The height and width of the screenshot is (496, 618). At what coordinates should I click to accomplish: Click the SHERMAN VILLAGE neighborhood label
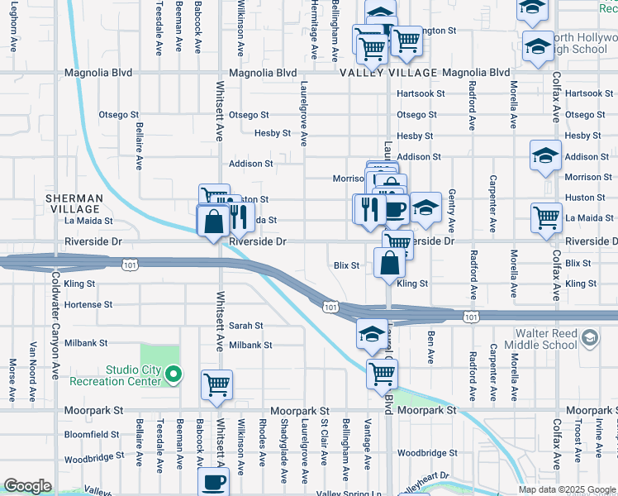74,204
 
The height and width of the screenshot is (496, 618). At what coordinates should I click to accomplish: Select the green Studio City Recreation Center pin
173,376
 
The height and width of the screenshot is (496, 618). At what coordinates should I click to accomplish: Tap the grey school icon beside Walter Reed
589,337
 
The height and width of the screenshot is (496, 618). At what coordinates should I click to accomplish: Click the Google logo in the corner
27,486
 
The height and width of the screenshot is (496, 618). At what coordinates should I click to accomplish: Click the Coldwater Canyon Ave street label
55,322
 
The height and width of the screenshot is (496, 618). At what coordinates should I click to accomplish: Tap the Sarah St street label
245,326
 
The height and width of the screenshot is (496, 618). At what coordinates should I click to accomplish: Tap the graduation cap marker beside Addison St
545,155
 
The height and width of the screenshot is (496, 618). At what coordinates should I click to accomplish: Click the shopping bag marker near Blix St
389,262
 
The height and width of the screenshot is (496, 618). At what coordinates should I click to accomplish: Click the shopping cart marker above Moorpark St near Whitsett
216,384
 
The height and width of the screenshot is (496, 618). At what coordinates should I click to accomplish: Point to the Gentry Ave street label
452,210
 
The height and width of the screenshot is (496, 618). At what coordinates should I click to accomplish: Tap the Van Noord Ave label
34,364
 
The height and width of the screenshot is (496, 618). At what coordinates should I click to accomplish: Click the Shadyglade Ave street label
283,455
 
